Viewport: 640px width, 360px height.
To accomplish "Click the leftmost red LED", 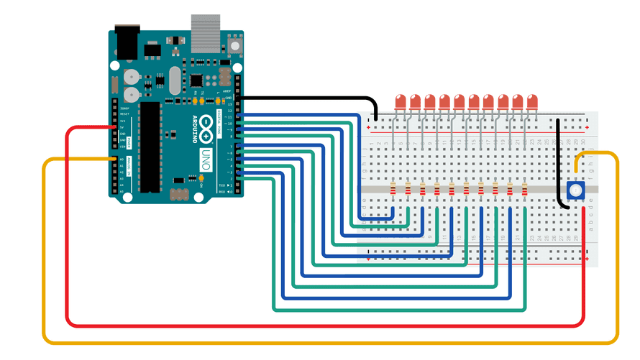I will coord(401,101).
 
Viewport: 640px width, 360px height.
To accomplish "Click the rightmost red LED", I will coord(532,101).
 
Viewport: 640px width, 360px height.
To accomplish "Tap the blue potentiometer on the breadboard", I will coord(575,190).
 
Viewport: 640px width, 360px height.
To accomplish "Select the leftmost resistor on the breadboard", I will coord(393,190).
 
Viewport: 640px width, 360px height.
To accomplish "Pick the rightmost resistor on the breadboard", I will coord(525,190).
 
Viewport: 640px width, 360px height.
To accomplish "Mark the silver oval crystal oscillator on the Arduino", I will coord(173,81).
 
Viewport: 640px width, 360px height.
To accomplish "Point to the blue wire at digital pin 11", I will coord(248,116).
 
